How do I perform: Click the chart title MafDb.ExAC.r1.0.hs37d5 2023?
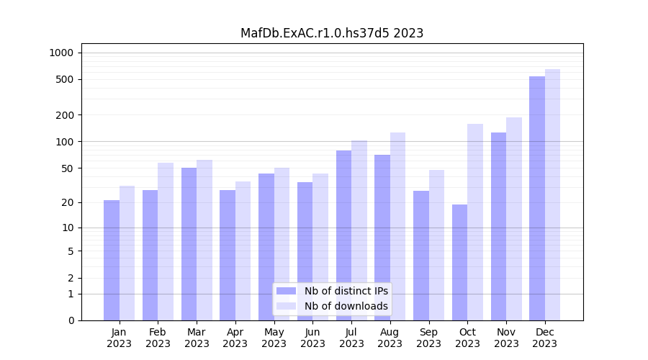(332, 33)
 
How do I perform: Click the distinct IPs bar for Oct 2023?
(459, 262)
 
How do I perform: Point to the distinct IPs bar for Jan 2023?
(112, 260)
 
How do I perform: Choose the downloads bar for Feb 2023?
(166, 241)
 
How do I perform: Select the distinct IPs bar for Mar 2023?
(189, 244)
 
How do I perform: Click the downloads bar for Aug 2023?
(397, 226)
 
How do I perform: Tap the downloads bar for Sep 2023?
(436, 245)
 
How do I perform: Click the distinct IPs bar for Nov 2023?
(498, 226)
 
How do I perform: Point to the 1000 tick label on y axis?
(61, 53)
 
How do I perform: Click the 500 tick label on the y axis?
(65, 79)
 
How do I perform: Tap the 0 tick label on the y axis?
(71, 320)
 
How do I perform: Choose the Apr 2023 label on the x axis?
(235, 338)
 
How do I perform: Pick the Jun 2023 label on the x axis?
(312, 338)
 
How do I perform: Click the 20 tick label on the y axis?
(67, 202)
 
